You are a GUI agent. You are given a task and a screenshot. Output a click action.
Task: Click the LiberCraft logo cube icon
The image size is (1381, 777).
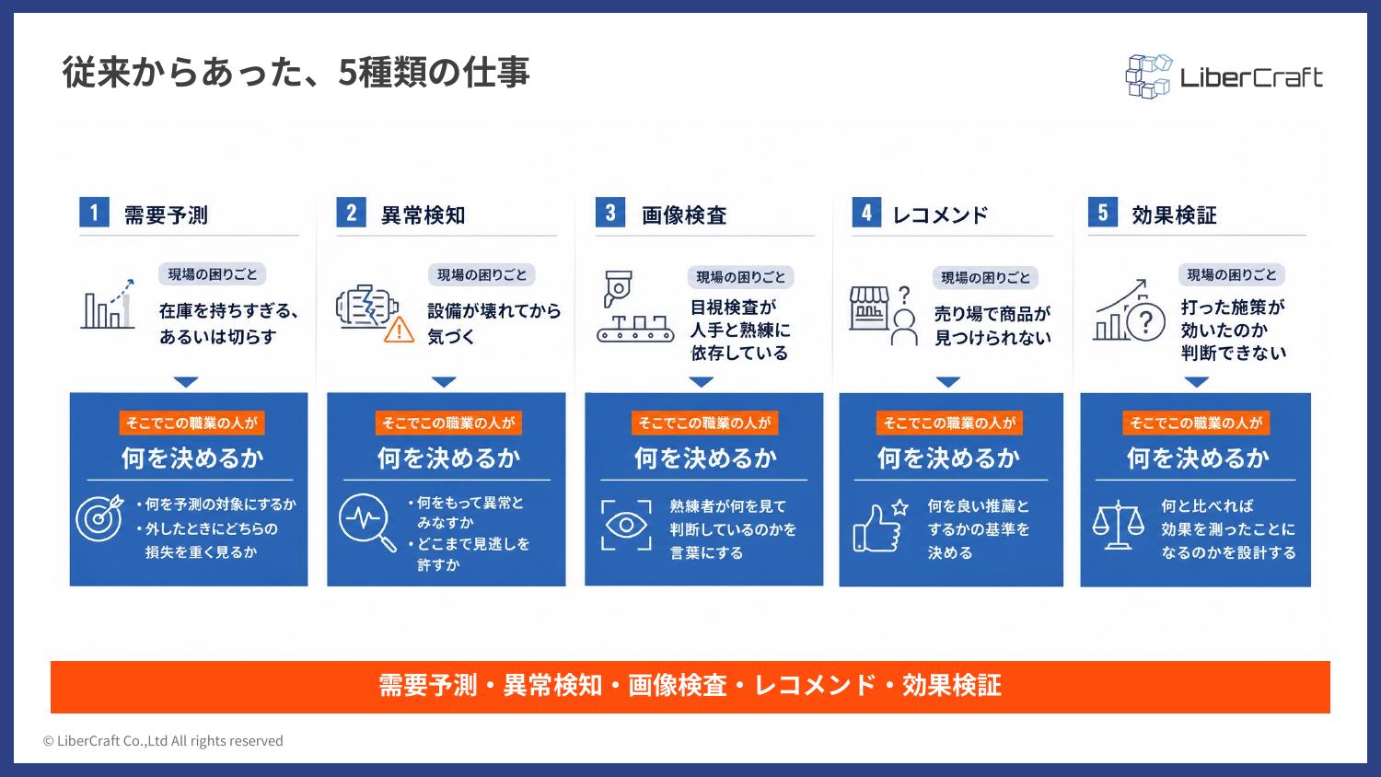tap(1149, 76)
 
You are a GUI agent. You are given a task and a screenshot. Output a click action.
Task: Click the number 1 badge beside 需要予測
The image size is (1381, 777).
tap(94, 212)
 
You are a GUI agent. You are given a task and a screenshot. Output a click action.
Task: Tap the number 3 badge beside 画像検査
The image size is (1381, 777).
tap(610, 212)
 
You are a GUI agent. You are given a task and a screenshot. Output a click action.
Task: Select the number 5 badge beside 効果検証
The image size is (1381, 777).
tap(1103, 212)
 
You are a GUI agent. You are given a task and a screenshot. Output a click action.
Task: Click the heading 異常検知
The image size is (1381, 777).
tap(423, 215)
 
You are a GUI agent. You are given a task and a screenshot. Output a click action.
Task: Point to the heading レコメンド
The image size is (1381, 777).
tap(940, 215)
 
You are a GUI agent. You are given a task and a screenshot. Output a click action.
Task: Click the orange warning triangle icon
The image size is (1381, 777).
tap(399, 330)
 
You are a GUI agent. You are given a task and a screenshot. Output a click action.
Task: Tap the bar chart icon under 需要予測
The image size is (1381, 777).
tap(108, 305)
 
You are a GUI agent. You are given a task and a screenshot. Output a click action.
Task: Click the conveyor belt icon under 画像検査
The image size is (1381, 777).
tap(635, 330)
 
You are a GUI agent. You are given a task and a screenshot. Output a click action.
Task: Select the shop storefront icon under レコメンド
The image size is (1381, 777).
tap(869, 308)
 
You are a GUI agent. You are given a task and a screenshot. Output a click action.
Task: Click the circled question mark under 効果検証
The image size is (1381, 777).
tap(1145, 322)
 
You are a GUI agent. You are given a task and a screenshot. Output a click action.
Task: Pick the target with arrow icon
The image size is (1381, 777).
tap(99, 518)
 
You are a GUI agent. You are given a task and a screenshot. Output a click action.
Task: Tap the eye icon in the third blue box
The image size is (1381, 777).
tap(626, 525)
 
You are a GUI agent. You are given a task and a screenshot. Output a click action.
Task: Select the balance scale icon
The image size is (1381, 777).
tap(1118, 525)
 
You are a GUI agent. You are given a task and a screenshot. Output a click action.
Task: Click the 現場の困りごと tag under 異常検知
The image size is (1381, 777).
tap(482, 274)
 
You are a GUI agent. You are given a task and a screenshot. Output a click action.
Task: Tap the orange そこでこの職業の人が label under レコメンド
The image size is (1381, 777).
tap(949, 423)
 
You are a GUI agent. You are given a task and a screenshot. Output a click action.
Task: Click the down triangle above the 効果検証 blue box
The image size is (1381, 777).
tap(1197, 382)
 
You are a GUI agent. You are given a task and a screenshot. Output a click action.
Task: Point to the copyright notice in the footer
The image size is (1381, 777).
tap(163, 740)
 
